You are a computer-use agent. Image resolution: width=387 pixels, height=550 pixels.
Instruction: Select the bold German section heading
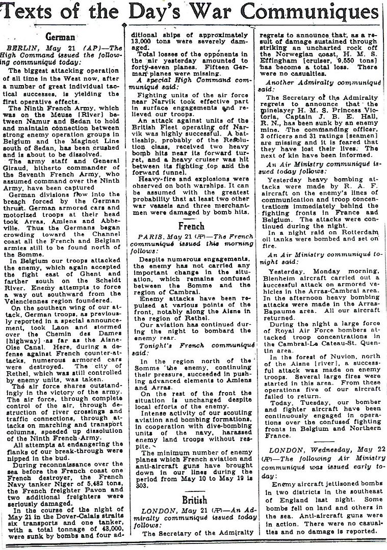point(61,38)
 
